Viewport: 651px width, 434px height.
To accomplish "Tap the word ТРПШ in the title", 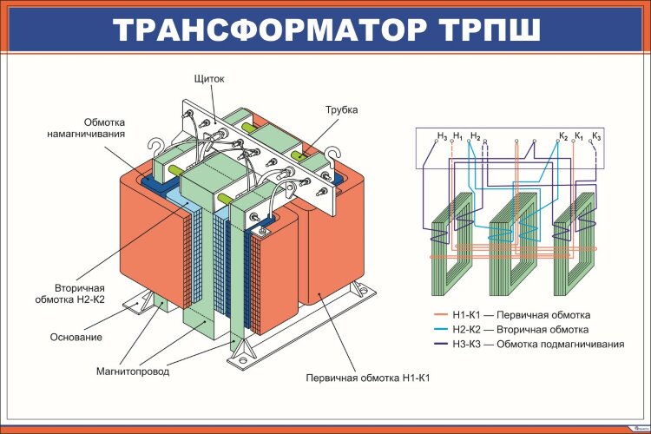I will click(x=482, y=30).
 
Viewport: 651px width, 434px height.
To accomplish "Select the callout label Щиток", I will click(x=209, y=79).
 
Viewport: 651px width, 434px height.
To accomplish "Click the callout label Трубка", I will click(x=341, y=110).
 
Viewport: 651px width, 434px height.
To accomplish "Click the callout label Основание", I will click(x=76, y=337).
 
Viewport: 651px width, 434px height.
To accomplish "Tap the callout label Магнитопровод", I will click(x=132, y=372).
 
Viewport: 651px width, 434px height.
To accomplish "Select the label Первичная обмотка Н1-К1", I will click(x=368, y=378).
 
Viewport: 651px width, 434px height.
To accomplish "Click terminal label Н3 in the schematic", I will click(x=442, y=136).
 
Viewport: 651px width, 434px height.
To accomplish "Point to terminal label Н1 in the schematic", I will click(x=457, y=136).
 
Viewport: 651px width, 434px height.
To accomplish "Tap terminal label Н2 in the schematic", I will click(x=475, y=136).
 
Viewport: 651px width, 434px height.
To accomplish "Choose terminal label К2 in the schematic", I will click(x=563, y=136).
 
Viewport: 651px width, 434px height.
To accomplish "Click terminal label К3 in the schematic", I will click(x=595, y=136).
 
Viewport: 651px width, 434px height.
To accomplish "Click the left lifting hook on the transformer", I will click(x=158, y=148).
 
